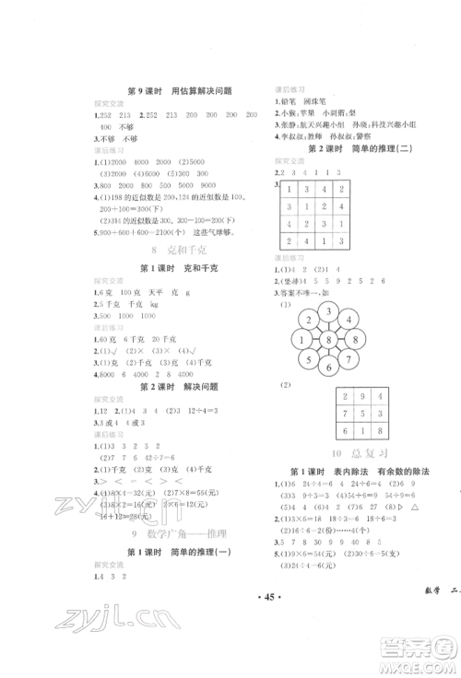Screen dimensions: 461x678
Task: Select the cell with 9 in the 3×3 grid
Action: (x=361, y=393)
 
